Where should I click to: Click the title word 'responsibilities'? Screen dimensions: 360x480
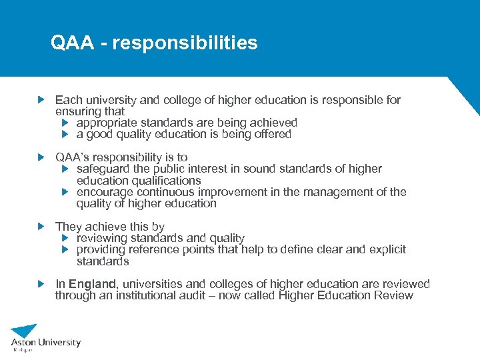[x=185, y=43]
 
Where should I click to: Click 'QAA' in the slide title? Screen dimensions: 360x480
[x=71, y=43]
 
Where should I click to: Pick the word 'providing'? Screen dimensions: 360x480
[x=101, y=249]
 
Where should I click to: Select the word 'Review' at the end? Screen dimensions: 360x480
[x=394, y=295]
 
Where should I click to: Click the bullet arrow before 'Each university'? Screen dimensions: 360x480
[x=42, y=99]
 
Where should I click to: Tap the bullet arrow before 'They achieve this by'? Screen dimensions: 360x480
[x=42, y=227]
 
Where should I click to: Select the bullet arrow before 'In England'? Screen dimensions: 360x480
[x=42, y=284]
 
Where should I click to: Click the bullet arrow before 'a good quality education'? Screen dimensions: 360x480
[x=65, y=134]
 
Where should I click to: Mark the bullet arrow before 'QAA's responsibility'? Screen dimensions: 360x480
[x=42, y=157]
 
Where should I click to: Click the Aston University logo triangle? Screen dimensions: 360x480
[x=25, y=331]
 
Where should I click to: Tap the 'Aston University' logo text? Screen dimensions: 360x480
[x=45, y=343]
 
